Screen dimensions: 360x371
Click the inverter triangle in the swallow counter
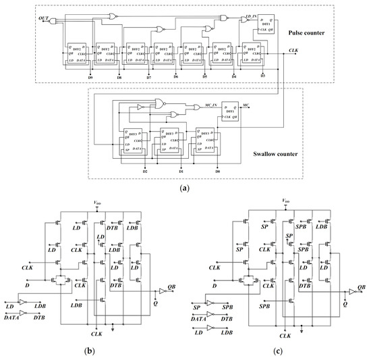point(142,107)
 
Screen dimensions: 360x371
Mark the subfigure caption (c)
point(278,352)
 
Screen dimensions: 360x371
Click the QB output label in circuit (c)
point(362,286)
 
